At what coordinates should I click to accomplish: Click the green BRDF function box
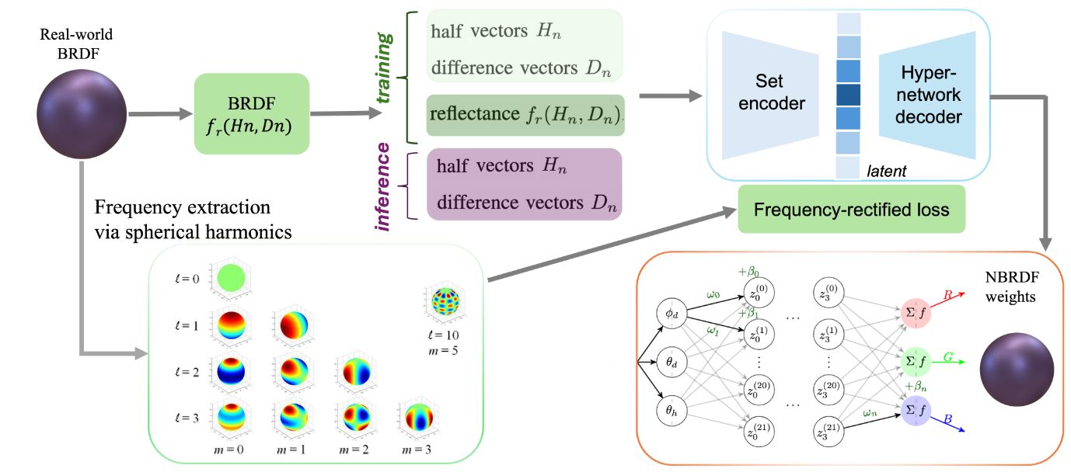tap(252, 113)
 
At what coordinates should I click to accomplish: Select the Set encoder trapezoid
tap(769, 95)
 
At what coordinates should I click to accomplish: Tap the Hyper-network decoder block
tap(927, 95)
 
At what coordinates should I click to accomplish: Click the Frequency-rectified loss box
tap(852, 210)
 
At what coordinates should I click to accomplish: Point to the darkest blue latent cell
tap(848, 95)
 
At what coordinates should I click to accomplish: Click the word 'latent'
tap(887, 171)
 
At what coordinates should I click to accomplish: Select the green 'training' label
tap(384, 68)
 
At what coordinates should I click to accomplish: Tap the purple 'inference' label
tap(382, 187)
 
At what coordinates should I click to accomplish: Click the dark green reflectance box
tap(525, 115)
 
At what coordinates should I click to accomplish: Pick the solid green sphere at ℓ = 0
tap(231, 278)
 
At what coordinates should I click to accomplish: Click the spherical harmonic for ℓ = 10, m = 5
tap(445, 301)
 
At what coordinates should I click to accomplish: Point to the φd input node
tap(672, 314)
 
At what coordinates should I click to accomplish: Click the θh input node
tap(672, 410)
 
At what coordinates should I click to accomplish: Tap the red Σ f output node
tap(916, 313)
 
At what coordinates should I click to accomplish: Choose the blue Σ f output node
tap(916, 410)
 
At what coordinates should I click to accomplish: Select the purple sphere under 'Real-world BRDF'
tap(82, 114)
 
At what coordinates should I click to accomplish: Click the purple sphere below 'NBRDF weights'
tap(1017, 370)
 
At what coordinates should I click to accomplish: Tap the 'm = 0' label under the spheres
tap(229, 449)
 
